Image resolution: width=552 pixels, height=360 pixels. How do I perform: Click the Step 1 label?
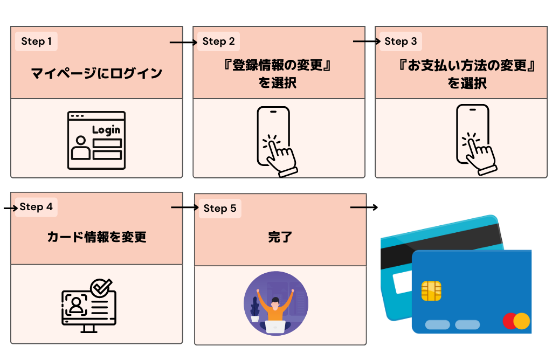37,41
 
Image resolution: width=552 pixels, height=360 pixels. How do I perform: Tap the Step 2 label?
218,41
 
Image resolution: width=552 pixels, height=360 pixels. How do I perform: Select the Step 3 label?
400,41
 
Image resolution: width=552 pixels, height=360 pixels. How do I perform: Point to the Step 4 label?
36,207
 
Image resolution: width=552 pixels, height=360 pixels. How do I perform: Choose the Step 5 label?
219,209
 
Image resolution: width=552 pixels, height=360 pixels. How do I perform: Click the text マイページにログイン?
96,73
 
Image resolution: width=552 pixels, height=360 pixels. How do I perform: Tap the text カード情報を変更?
96,237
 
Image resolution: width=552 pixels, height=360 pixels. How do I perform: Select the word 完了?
280,237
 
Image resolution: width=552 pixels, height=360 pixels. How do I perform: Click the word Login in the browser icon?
106,130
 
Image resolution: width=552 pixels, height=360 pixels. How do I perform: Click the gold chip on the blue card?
431,291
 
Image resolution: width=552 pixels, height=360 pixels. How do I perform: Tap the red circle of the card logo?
509,321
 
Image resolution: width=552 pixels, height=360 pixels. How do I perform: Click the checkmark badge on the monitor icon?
100,288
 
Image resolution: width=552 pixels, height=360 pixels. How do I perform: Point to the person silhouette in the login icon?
81,147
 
